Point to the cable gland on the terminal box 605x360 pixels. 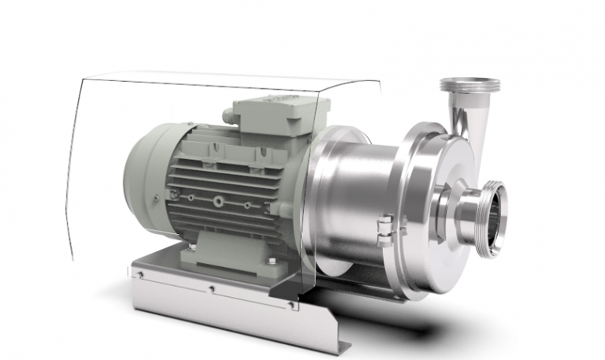click(229, 117)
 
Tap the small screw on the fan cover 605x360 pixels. click(156, 197)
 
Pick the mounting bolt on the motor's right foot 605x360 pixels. click(271, 260)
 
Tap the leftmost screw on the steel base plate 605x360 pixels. click(139, 274)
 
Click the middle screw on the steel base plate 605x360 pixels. click(212, 288)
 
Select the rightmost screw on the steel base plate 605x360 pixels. click(291, 304)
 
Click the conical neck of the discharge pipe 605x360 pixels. click(460, 118)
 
